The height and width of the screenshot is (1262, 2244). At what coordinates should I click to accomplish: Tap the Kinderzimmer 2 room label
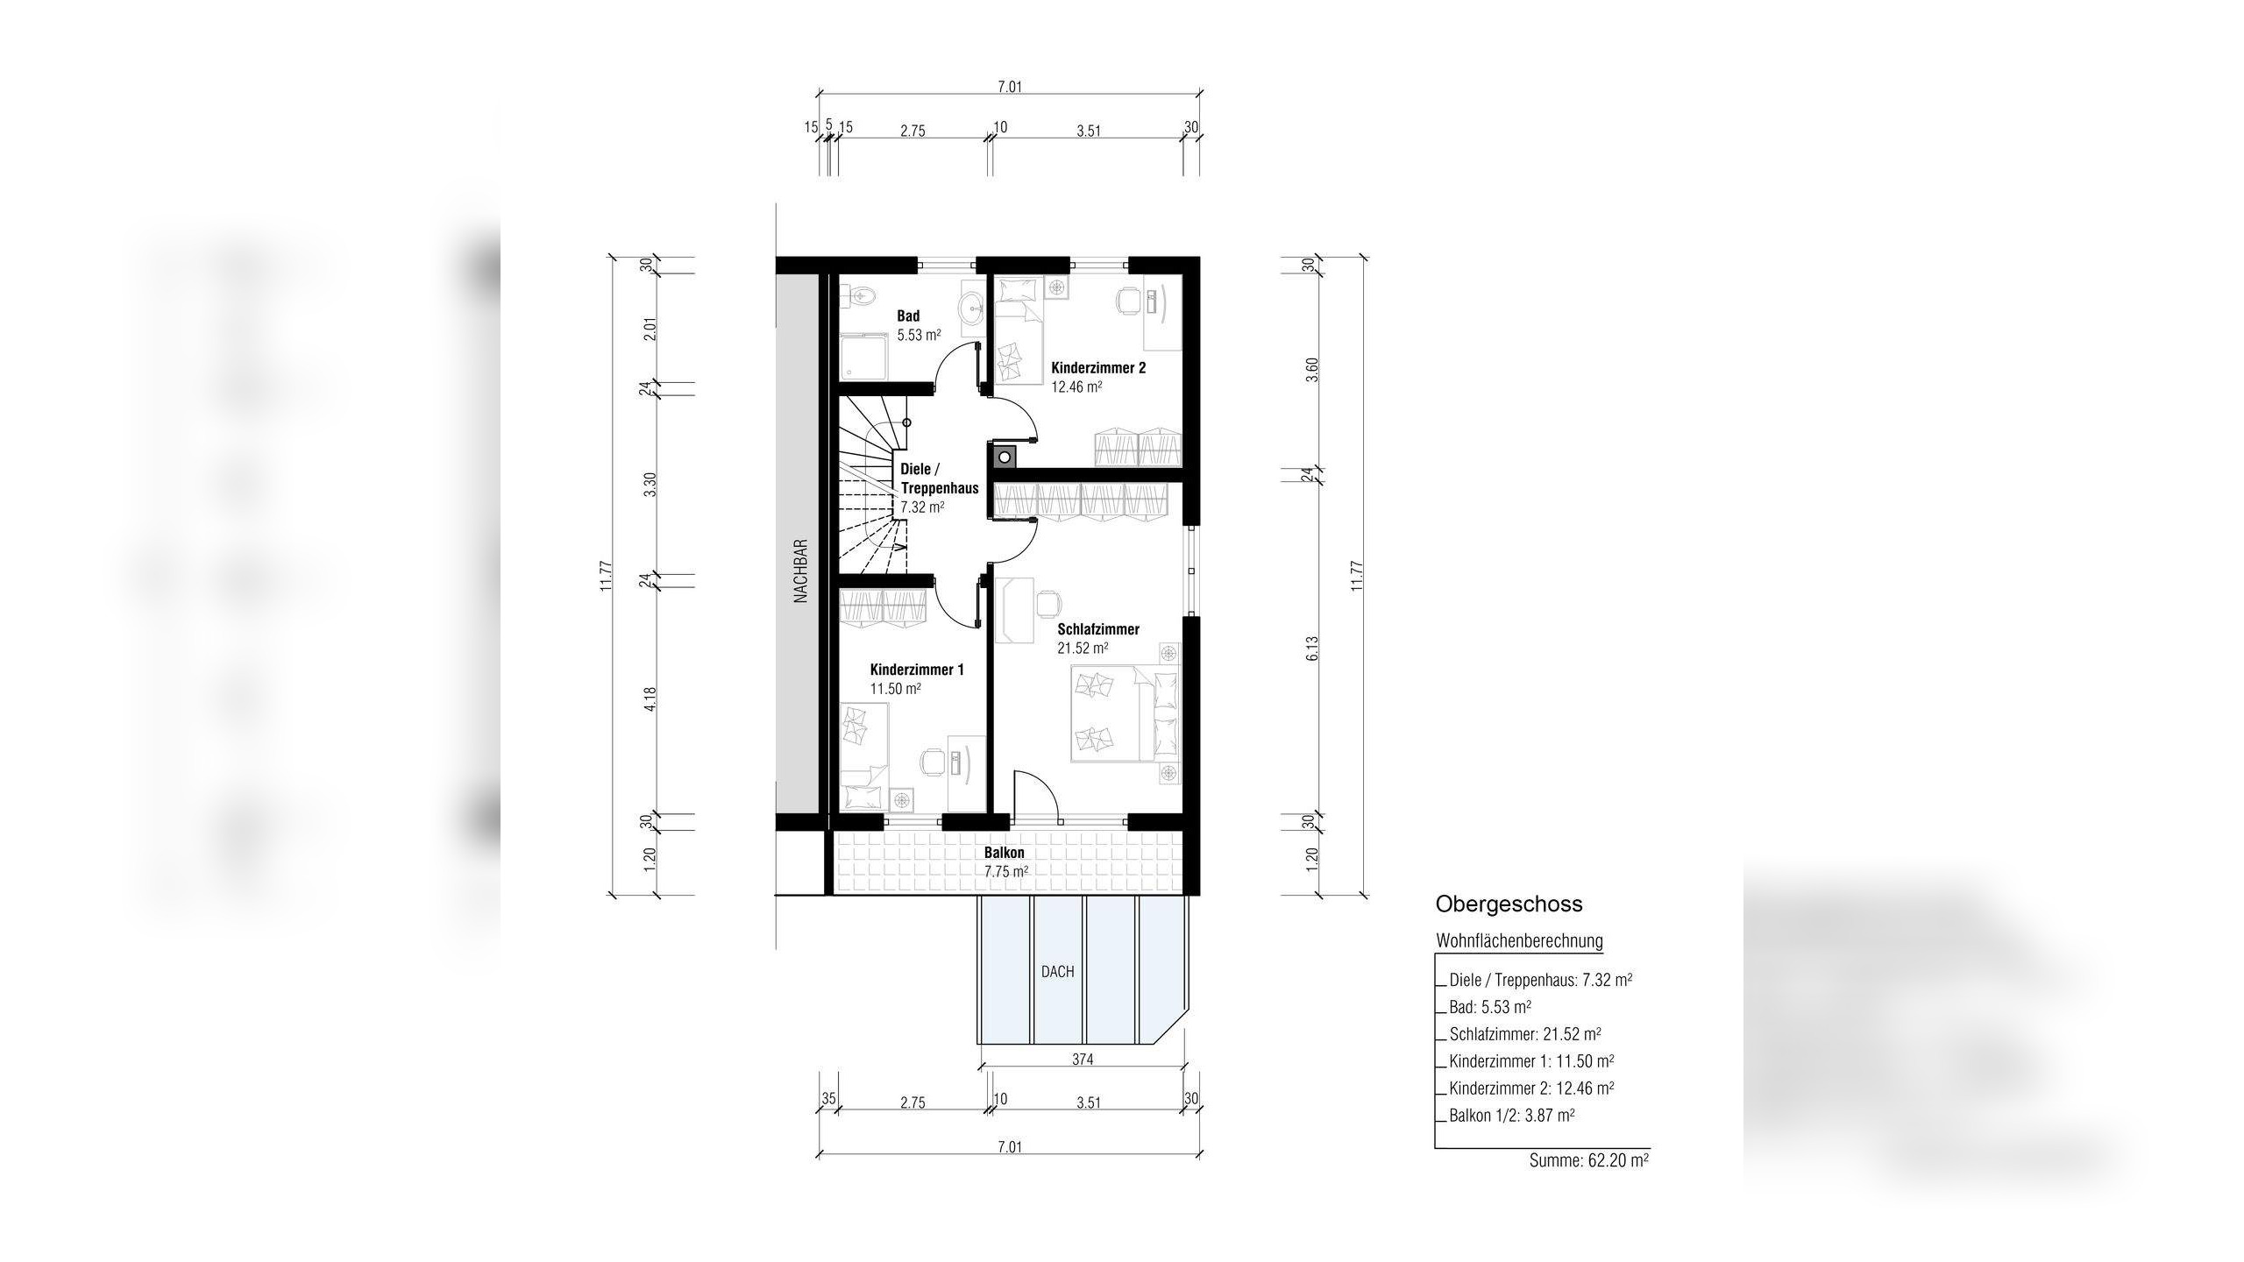pos(1098,368)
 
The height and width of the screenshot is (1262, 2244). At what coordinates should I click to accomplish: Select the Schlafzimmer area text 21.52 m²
pos(1083,649)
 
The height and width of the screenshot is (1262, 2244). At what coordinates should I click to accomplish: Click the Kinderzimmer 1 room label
pos(917,670)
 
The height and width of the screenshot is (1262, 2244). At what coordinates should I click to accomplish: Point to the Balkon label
pos(1004,852)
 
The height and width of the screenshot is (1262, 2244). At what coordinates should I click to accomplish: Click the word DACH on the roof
pos(1057,971)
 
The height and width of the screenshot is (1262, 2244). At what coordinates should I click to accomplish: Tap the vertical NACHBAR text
pos(799,570)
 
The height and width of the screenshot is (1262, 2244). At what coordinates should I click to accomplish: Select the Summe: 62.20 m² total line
pos(1588,1160)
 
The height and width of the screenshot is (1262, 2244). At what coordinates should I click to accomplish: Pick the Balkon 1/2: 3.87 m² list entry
pos(1512,1116)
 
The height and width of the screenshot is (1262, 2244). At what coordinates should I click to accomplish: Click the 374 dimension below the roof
pos(1083,1059)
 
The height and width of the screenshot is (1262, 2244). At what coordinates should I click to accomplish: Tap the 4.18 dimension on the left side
pos(650,698)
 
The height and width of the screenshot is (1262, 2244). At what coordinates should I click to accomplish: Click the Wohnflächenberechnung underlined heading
pos(1519,941)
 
